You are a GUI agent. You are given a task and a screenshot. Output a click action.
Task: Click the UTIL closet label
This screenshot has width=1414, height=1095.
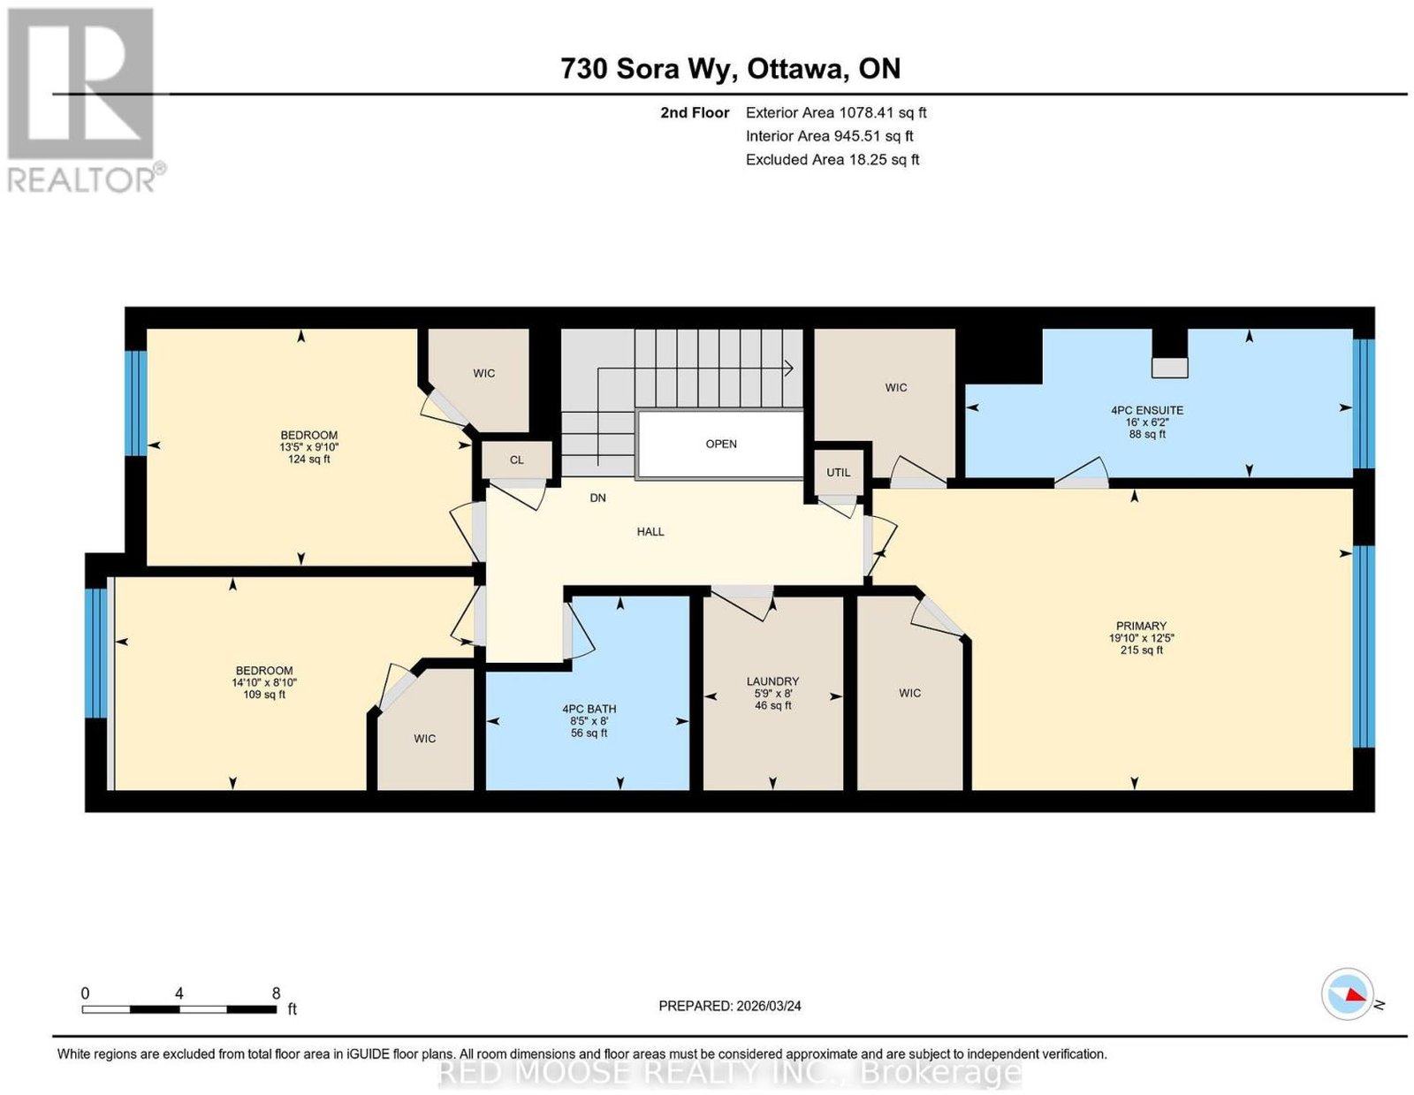[838, 472]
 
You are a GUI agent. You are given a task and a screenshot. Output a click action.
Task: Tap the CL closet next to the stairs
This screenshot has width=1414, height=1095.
[516, 460]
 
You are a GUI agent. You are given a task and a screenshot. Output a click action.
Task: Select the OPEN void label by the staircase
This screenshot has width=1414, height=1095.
[721, 444]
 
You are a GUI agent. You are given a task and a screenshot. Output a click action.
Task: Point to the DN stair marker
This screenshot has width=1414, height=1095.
[597, 498]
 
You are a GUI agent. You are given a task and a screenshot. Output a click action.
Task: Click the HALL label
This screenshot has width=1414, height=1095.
[650, 531]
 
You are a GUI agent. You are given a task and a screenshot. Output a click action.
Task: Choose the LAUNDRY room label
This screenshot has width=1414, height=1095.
[772, 681]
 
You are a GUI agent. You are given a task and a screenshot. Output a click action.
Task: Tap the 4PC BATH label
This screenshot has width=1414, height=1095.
[589, 709]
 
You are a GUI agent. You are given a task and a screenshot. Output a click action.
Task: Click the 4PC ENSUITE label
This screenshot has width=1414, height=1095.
[1146, 410]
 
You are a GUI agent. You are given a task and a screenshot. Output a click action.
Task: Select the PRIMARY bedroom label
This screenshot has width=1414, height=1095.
[1141, 625]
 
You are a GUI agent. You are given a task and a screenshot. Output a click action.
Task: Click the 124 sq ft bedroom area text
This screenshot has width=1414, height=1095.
[308, 459]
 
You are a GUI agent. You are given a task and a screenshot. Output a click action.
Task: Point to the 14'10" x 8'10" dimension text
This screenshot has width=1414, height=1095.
[264, 682]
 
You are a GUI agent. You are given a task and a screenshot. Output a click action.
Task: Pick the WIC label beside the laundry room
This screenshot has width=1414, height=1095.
[909, 693]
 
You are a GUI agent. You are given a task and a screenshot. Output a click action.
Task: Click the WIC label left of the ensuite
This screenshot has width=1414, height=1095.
[895, 387]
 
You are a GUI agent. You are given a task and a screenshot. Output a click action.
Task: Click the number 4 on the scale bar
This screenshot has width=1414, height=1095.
[179, 993]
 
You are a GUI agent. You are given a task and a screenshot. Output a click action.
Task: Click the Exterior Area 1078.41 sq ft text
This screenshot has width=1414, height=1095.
[835, 112]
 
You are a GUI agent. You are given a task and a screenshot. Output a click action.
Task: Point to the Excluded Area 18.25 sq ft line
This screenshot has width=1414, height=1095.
[832, 159]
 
